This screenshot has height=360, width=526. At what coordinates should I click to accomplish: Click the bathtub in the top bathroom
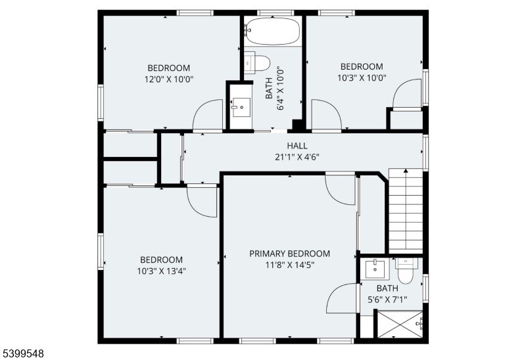coord(272,31)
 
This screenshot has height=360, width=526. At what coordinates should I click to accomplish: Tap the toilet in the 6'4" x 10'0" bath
coord(257,62)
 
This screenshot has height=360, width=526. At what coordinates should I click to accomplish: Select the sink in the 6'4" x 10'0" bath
coord(241,107)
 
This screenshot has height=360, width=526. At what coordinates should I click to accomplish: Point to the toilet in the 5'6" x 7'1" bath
coord(406,271)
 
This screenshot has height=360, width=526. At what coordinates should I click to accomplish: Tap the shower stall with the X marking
coord(400,325)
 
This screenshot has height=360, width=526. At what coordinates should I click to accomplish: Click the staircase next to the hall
coord(406,211)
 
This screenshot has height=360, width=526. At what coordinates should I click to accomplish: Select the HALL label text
coord(297,146)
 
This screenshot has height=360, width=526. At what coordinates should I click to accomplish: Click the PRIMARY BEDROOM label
coord(289,254)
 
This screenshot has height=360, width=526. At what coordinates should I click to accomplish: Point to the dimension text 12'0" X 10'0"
coord(169,79)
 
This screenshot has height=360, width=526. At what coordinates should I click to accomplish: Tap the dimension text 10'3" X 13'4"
coord(162,271)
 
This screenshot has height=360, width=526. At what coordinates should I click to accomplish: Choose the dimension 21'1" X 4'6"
coord(297,157)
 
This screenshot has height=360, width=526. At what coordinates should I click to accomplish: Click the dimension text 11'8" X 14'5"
coord(290,265)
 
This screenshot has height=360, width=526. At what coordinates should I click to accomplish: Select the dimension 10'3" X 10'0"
coord(362,78)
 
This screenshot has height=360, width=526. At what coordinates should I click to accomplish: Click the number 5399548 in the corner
coord(22,353)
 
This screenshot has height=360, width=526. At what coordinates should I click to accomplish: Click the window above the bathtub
coord(275,13)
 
